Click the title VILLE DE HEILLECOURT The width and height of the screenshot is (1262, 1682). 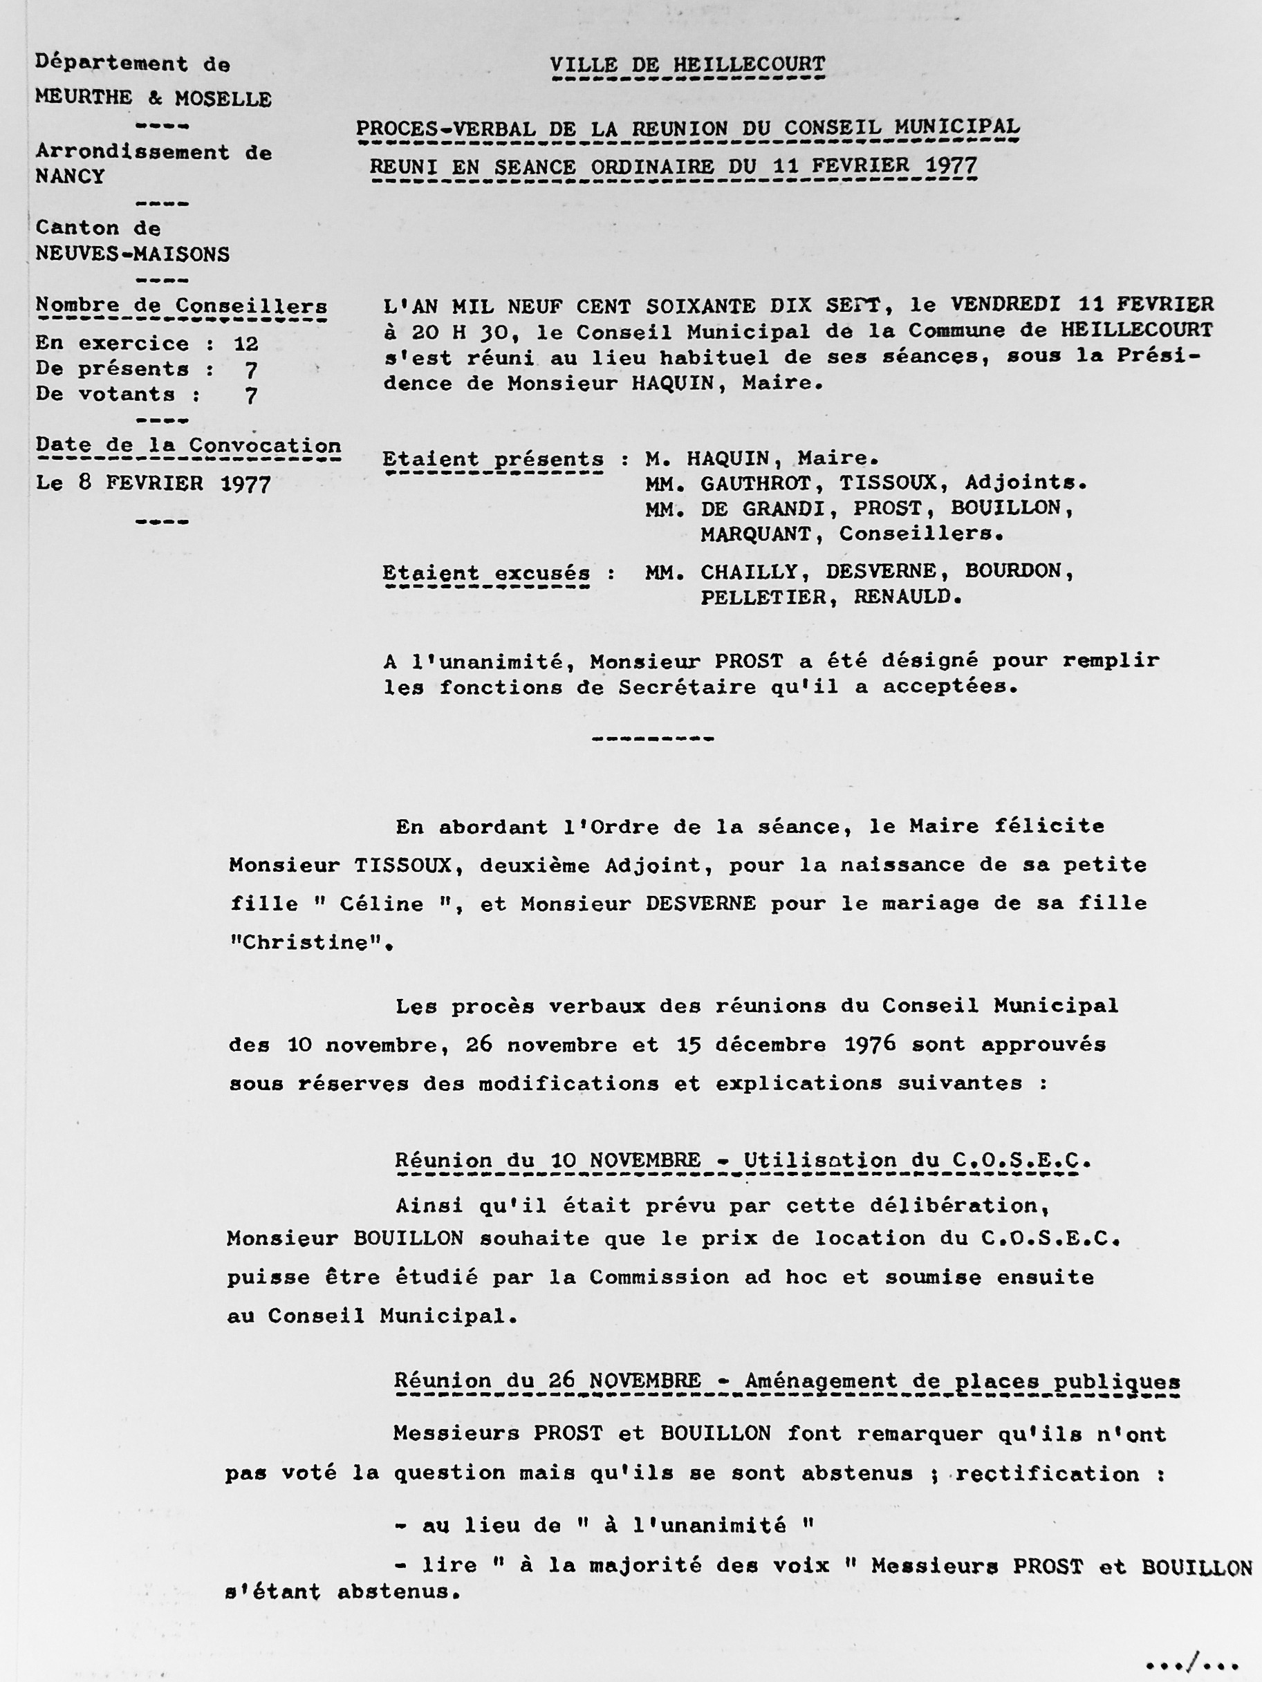tap(687, 66)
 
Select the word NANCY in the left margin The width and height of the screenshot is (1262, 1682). tap(70, 176)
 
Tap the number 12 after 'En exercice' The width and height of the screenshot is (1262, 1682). tap(246, 344)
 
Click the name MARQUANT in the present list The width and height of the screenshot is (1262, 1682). tap(755, 534)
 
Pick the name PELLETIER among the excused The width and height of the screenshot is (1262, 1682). tap(763, 598)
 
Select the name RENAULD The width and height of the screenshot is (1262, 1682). tap(902, 598)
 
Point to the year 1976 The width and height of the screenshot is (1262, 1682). tap(869, 1045)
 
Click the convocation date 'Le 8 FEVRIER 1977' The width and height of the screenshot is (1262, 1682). tap(153, 485)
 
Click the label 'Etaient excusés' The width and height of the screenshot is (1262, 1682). tap(487, 572)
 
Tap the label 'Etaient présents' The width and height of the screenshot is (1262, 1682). tap(494, 460)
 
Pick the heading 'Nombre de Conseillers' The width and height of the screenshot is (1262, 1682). tap(181, 306)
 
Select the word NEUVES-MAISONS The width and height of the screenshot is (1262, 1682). tap(132, 254)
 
